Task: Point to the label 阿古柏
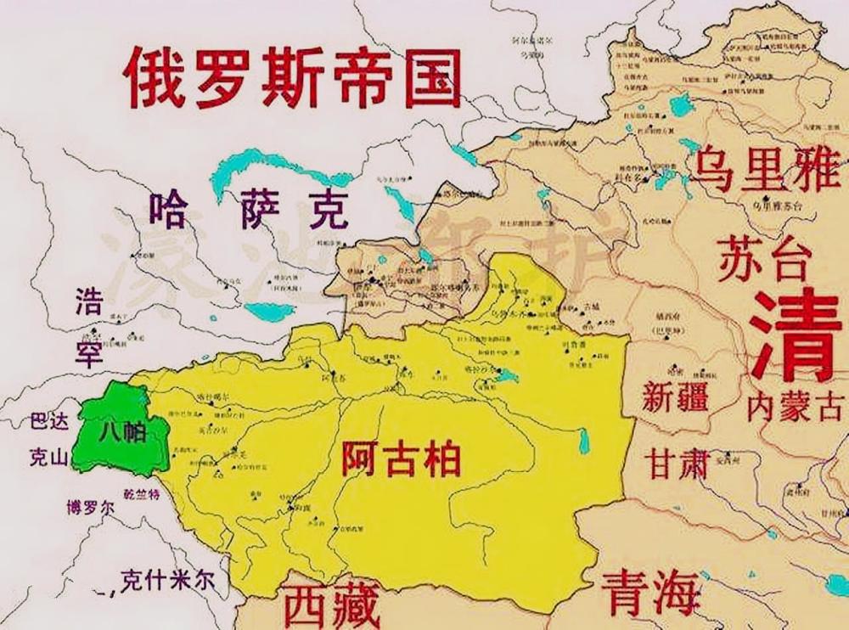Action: click(x=401, y=459)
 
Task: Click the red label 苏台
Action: click(x=761, y=259)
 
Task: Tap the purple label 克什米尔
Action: click(x=167, y=581)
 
